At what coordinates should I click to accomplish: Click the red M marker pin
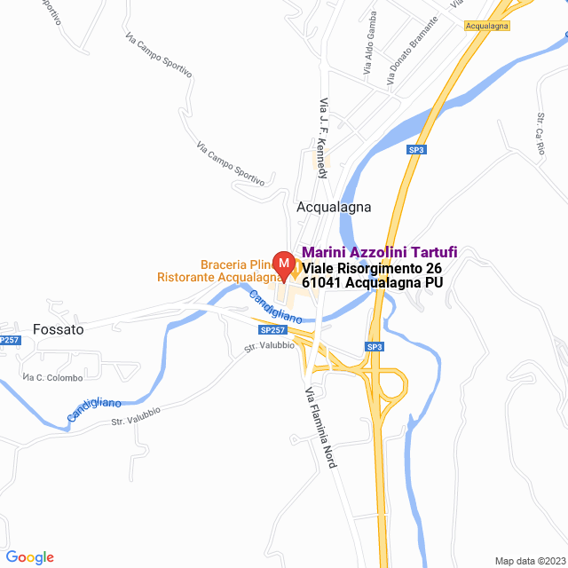[283, 264]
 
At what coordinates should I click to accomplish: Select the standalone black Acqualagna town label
[333, 207]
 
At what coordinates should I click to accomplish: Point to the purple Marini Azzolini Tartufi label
[380, 252]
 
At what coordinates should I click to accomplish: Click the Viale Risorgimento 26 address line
[372, 268]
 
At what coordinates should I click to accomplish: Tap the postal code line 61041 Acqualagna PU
[372, 283]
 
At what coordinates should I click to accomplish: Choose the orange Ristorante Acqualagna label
[218, 277]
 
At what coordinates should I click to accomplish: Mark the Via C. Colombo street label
[45, 378]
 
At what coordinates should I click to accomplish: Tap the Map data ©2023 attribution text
[528, 560]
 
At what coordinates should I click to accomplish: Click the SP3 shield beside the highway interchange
[375, 345]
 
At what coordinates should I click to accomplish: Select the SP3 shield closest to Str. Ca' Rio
[416, 150]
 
